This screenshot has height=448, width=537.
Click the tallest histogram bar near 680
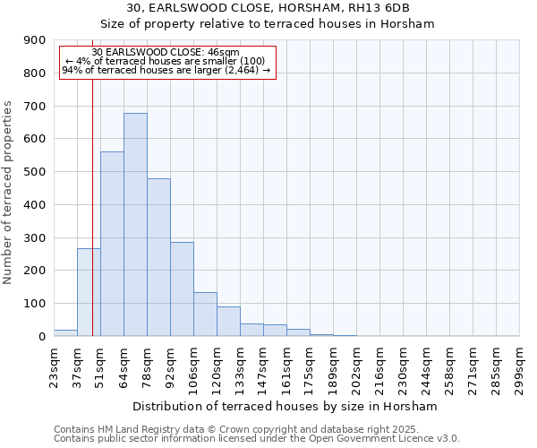(135, 224)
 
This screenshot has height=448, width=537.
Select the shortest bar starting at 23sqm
(65, 332)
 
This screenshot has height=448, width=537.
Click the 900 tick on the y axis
(35, 40)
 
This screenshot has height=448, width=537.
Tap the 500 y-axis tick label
(35, 172)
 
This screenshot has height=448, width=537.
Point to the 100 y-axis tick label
(35, 304)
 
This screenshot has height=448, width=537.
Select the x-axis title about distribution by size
(286, 406)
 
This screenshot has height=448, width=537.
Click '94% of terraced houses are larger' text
(166, 69)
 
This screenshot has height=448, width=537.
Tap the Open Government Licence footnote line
(257, 439)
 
